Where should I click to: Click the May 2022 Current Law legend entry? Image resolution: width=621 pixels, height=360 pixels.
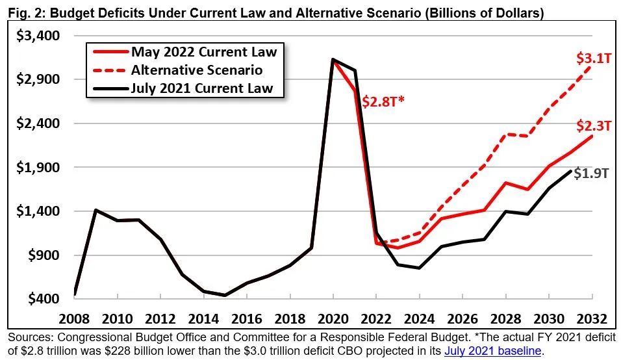203,51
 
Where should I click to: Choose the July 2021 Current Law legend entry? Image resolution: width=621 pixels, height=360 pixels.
202,88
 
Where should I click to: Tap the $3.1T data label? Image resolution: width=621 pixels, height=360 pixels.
592,58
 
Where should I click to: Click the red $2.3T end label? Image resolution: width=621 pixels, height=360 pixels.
593,125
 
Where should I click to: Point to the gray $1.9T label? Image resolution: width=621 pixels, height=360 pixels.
592,174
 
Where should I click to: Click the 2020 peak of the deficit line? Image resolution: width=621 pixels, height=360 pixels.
333,60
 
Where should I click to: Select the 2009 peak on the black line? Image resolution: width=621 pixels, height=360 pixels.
96,210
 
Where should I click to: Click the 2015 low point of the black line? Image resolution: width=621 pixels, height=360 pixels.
225,295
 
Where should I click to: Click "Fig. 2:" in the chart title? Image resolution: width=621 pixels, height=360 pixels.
19,12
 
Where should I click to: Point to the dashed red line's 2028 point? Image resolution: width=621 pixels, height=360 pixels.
505,134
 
